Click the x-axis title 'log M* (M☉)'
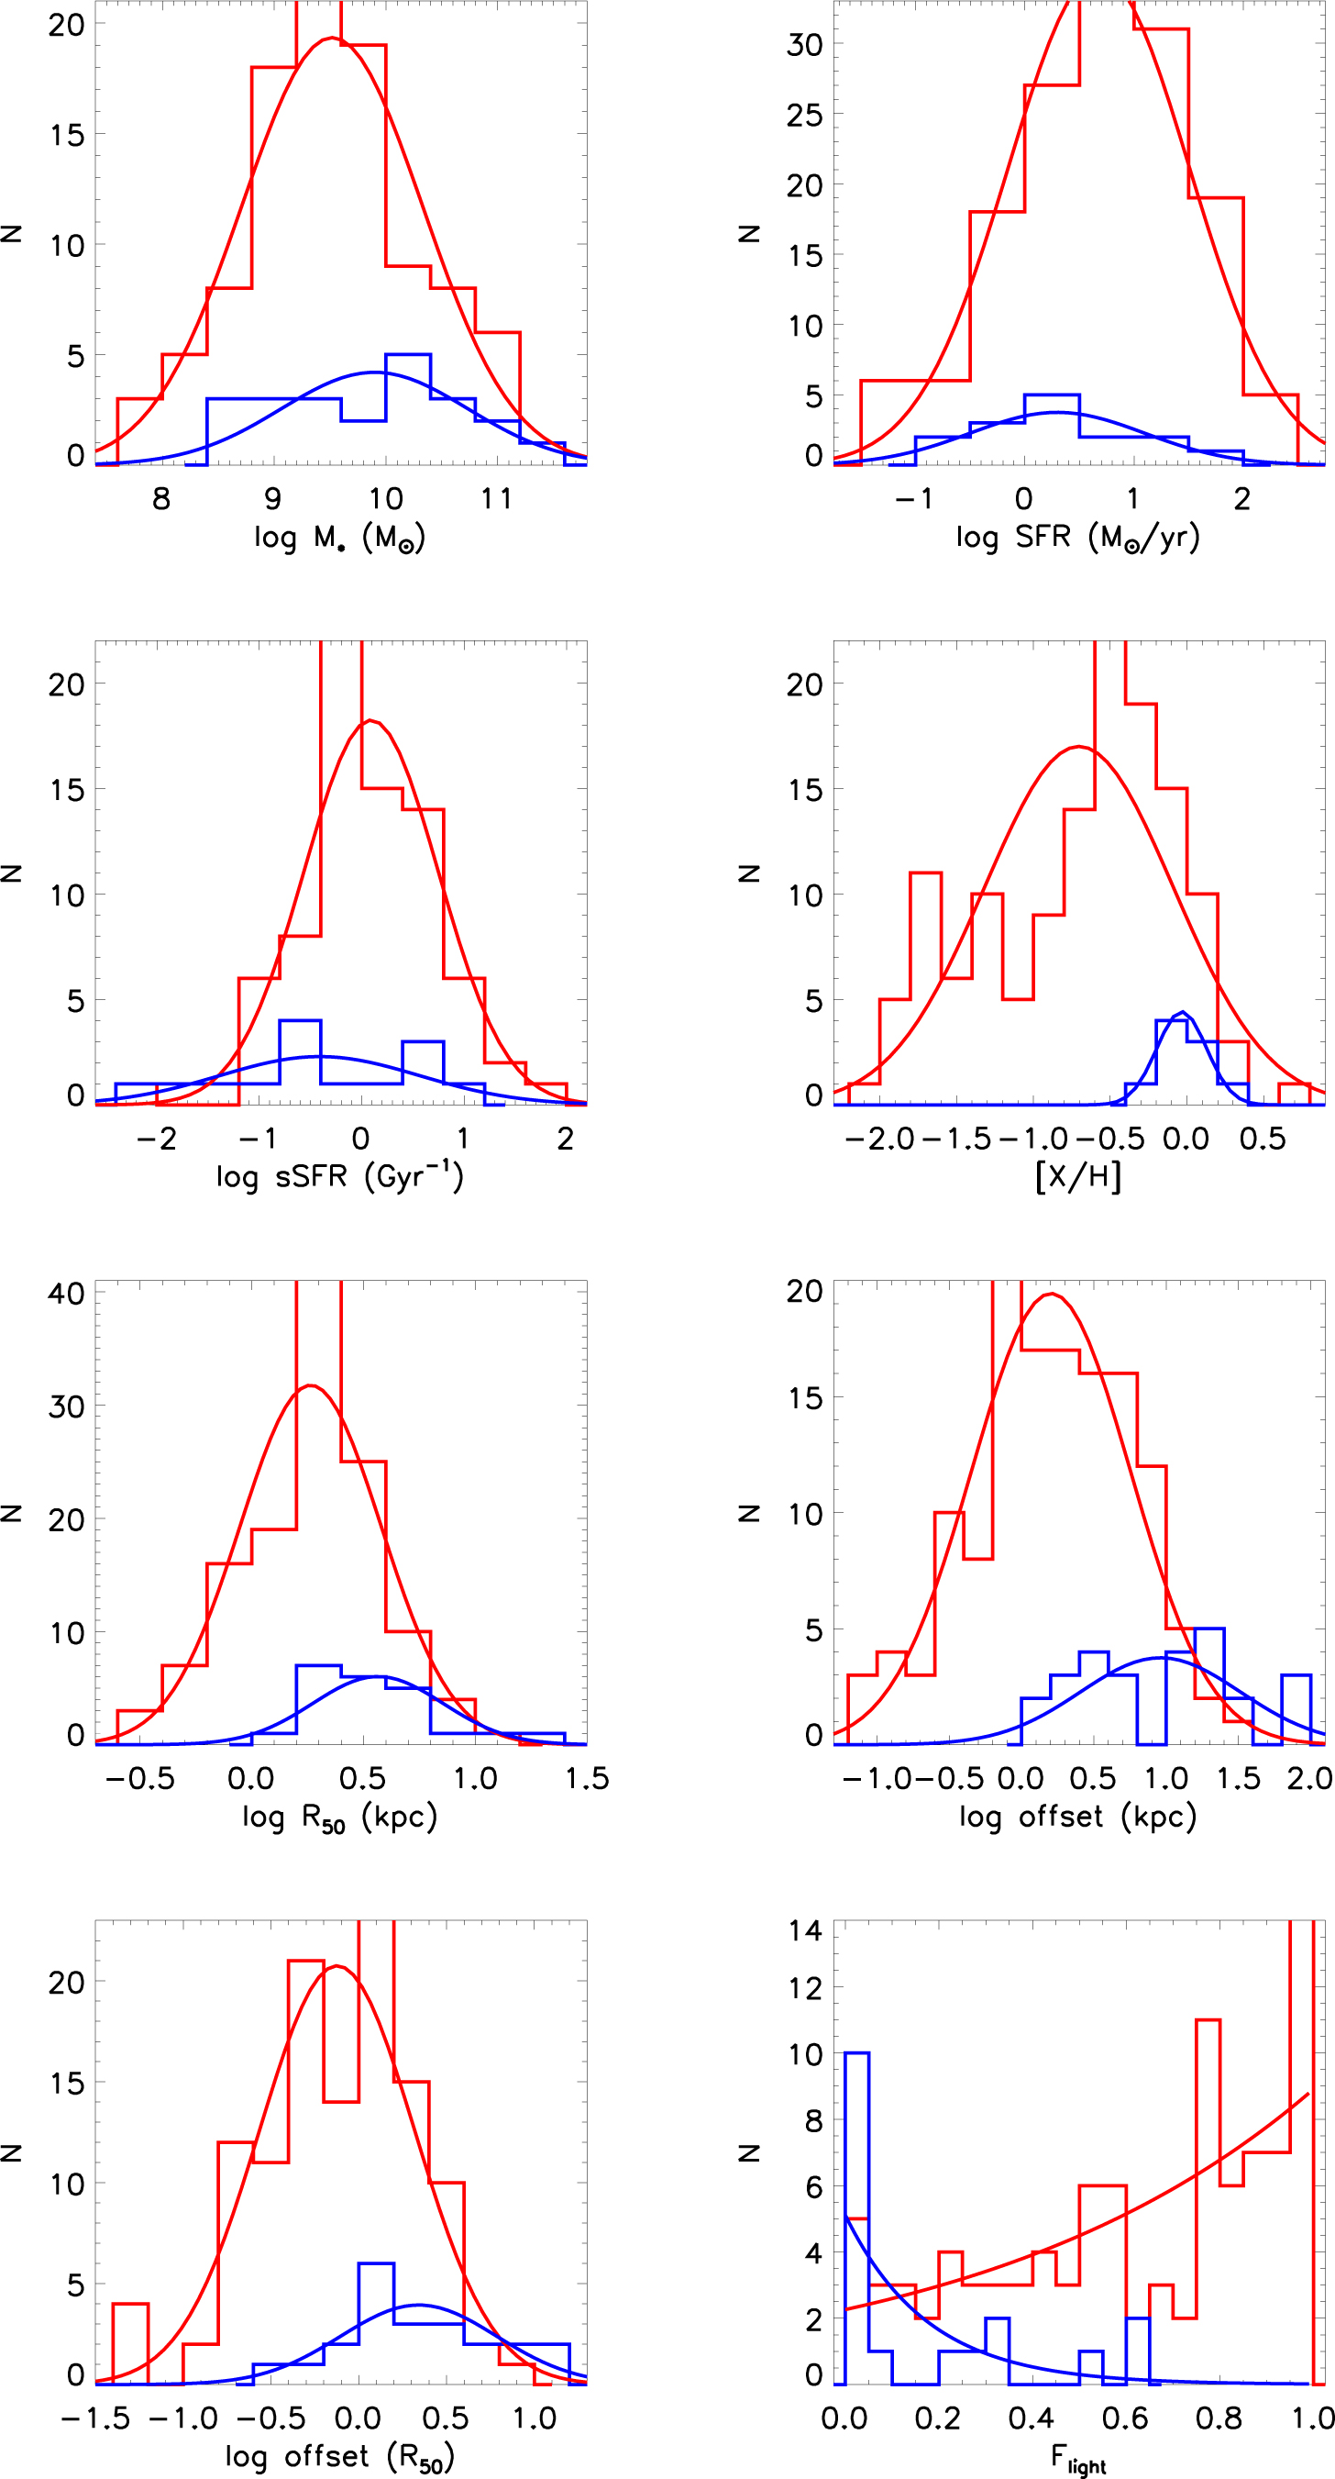point(339,537)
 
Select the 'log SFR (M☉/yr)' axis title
point(1077,537)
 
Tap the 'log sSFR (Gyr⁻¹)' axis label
point(339,1176)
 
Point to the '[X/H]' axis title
point(1078,1176)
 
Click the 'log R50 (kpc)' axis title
point(339,1817)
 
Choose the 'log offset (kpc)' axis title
point(1077,1817)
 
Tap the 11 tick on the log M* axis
point(496,498)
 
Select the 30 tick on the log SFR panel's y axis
point(804,44)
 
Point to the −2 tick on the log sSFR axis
point(156,1139)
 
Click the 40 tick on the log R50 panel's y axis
point(66,1293)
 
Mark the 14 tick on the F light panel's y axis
point(804,1930)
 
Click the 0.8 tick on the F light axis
point(1219,2418)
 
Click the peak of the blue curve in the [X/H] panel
point(1183,1012)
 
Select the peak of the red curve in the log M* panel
point(332,39)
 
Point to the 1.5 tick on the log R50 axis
point(587,1778)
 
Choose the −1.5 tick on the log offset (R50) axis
point(95,2418)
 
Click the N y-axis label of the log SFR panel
point(749,233)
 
